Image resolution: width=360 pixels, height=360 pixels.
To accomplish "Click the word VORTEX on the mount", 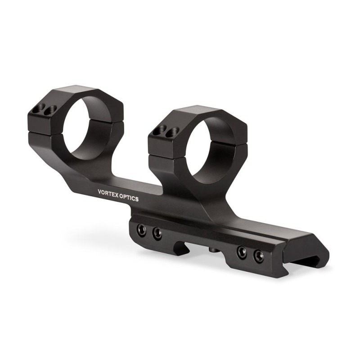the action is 108,194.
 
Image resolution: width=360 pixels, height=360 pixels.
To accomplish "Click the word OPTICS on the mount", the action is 129,198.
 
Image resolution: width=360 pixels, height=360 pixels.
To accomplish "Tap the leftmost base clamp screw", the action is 142,230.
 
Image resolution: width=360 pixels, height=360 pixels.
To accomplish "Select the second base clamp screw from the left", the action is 158,234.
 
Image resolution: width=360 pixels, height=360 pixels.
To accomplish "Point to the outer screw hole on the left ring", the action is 39,108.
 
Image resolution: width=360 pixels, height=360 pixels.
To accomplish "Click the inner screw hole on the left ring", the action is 50,110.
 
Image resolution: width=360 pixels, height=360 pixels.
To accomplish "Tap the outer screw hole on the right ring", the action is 160,130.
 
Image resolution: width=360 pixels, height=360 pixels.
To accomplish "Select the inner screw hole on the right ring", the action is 172,132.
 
